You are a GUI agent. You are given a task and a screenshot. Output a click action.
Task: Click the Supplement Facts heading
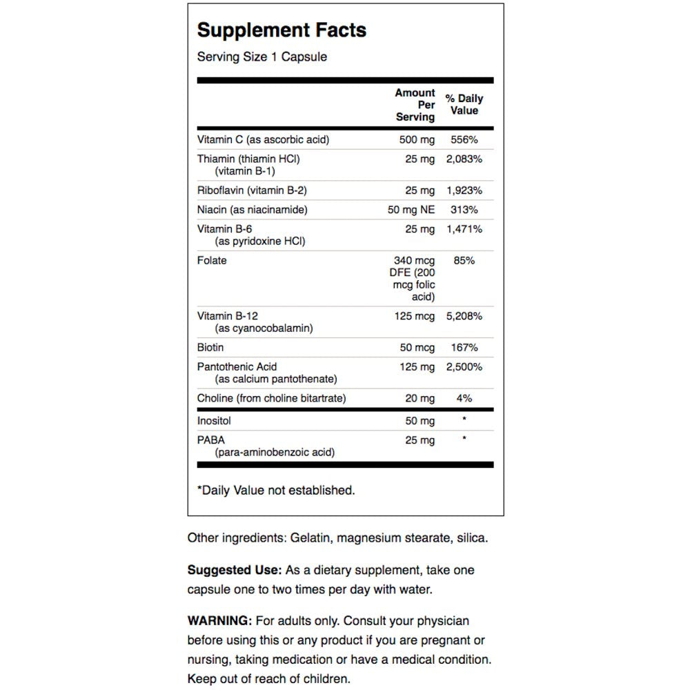pyautogui.click(x=282, y=30)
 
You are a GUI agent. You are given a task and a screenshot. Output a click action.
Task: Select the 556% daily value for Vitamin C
pyautogui.click(x=464, y=139)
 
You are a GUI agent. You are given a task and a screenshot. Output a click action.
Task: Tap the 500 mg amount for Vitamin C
pyautogui.click(x=417, y=139)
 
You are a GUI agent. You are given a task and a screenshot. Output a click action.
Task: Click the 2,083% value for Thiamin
pyautogui.click(x=464, y=159)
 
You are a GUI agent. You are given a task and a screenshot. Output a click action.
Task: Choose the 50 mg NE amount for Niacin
pyautogui.click(x=411, y=210)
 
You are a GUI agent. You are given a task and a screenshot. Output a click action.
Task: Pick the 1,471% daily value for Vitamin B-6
pyautogui.click(x=464, y=229)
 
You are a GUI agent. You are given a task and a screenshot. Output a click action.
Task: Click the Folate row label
pyautogui.click(x=212, y=261)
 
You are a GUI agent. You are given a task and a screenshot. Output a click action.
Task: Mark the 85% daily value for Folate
pyautogui.click(x=464, y=261)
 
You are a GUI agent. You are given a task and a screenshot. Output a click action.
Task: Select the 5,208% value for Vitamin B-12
pyautogui.click(x=464, y=316)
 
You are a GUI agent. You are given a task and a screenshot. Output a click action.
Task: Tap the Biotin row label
pyautogui.click(x=210, y=347)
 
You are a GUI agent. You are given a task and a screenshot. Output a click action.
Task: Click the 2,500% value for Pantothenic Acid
pyautogui.click(x=464, y=367)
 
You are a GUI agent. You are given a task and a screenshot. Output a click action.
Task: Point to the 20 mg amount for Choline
pyautogui.click(x=420, y=398)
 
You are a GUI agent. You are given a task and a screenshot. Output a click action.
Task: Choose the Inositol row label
pyautogui.click(x=214, y=420)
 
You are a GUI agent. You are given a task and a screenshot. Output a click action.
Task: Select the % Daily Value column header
pyautogui.click(x=464, y=104)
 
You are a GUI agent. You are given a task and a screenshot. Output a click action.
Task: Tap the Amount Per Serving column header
pyautogui.click(x=415, y=105)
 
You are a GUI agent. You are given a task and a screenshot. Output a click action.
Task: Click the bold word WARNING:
pyautogui.click(x=220, y=621)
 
